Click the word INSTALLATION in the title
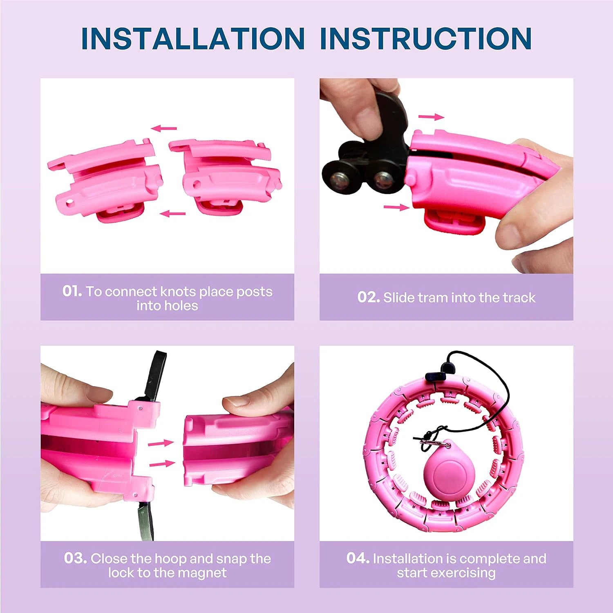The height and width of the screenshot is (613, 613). pyautogui.click(x=193, y=39)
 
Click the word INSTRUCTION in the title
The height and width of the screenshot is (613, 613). pyautogui.click(x=425, y=39)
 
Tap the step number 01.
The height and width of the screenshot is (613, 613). pyautogui.click(x=72, y=291)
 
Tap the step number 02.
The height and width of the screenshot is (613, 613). pyautogui.click(x=369, y=297)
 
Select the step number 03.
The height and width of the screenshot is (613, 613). pyautogui.click(x=75, y=558)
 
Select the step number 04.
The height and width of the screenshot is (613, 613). pyautogui.click(x=358, y=558)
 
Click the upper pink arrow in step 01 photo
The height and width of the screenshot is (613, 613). pyautogui.click(x=164, y=128)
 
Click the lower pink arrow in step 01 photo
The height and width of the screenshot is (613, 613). pyautogui.click(x=172, y=213)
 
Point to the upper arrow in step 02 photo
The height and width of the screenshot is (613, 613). pyautogui.click(x=431, y=117)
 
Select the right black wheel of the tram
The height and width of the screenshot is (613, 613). pyautogui.click(x=384, y=177)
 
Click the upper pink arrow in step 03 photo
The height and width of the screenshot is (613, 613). pyautogui.click(x=161, y=443)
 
